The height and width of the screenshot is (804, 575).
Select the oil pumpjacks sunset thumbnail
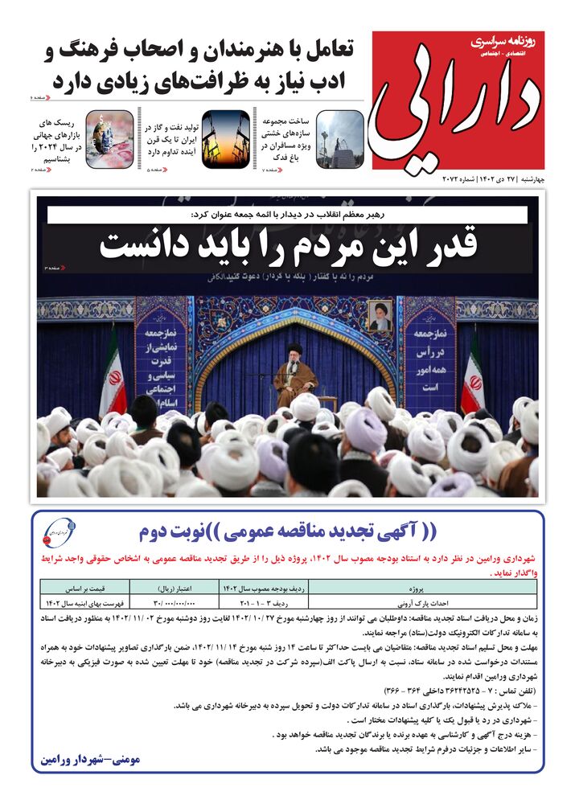(224, 137)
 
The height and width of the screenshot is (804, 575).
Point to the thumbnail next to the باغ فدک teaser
(339, 137)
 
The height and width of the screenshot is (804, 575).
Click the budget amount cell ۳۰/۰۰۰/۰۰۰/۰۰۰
(180, 601)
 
